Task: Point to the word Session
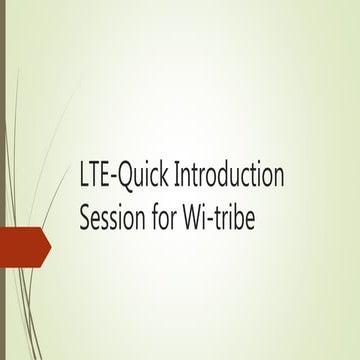tap(111, 217)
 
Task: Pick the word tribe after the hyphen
tap(235, 217)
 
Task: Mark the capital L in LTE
tap(84, 179)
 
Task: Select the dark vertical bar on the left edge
tap(3, 180)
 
